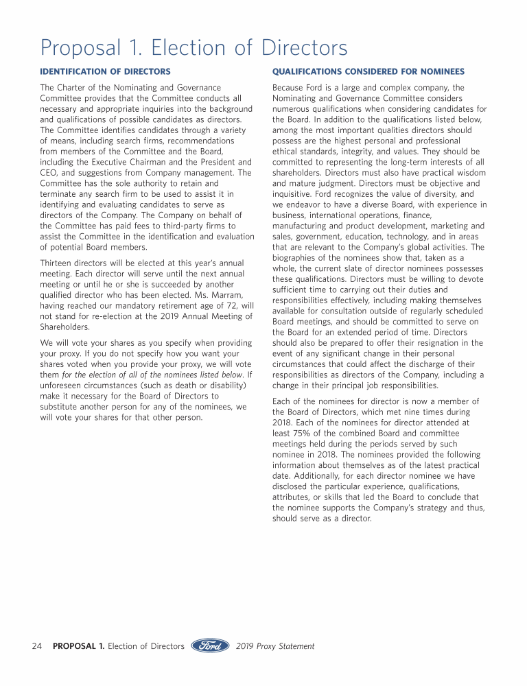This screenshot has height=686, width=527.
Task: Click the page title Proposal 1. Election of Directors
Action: click(x=194, y=48)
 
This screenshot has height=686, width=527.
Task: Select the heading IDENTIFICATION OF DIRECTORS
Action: click(x=105, y=71)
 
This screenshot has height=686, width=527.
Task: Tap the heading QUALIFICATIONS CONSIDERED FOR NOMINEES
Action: click(x=368, y=71)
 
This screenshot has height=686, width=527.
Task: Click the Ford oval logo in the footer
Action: click(x=210, y=646)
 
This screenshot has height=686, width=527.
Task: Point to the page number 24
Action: click(x=38, y=646)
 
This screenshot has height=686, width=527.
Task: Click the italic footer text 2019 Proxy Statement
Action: click(x=275, y=646)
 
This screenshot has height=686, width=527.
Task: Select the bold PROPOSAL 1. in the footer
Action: click(x=78, y=646)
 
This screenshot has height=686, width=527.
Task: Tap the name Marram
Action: click(x=224, y=295)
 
